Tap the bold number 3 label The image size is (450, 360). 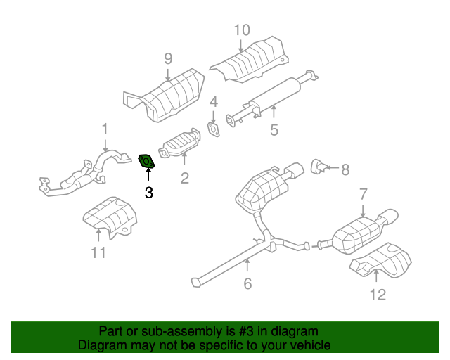point(148,193)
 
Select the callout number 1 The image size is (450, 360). point(105,129)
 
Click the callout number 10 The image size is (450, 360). point(241,30)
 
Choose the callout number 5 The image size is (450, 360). point(274,129)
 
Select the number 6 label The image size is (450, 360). point(247,283)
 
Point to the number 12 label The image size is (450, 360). point(378,294)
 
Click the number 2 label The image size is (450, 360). point(184,179)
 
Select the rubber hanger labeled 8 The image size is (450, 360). point(317,167)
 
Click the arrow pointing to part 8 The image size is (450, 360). point(331,169)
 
